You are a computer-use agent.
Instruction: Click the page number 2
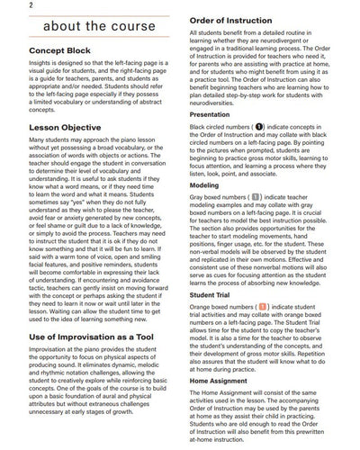pos(6,6)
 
